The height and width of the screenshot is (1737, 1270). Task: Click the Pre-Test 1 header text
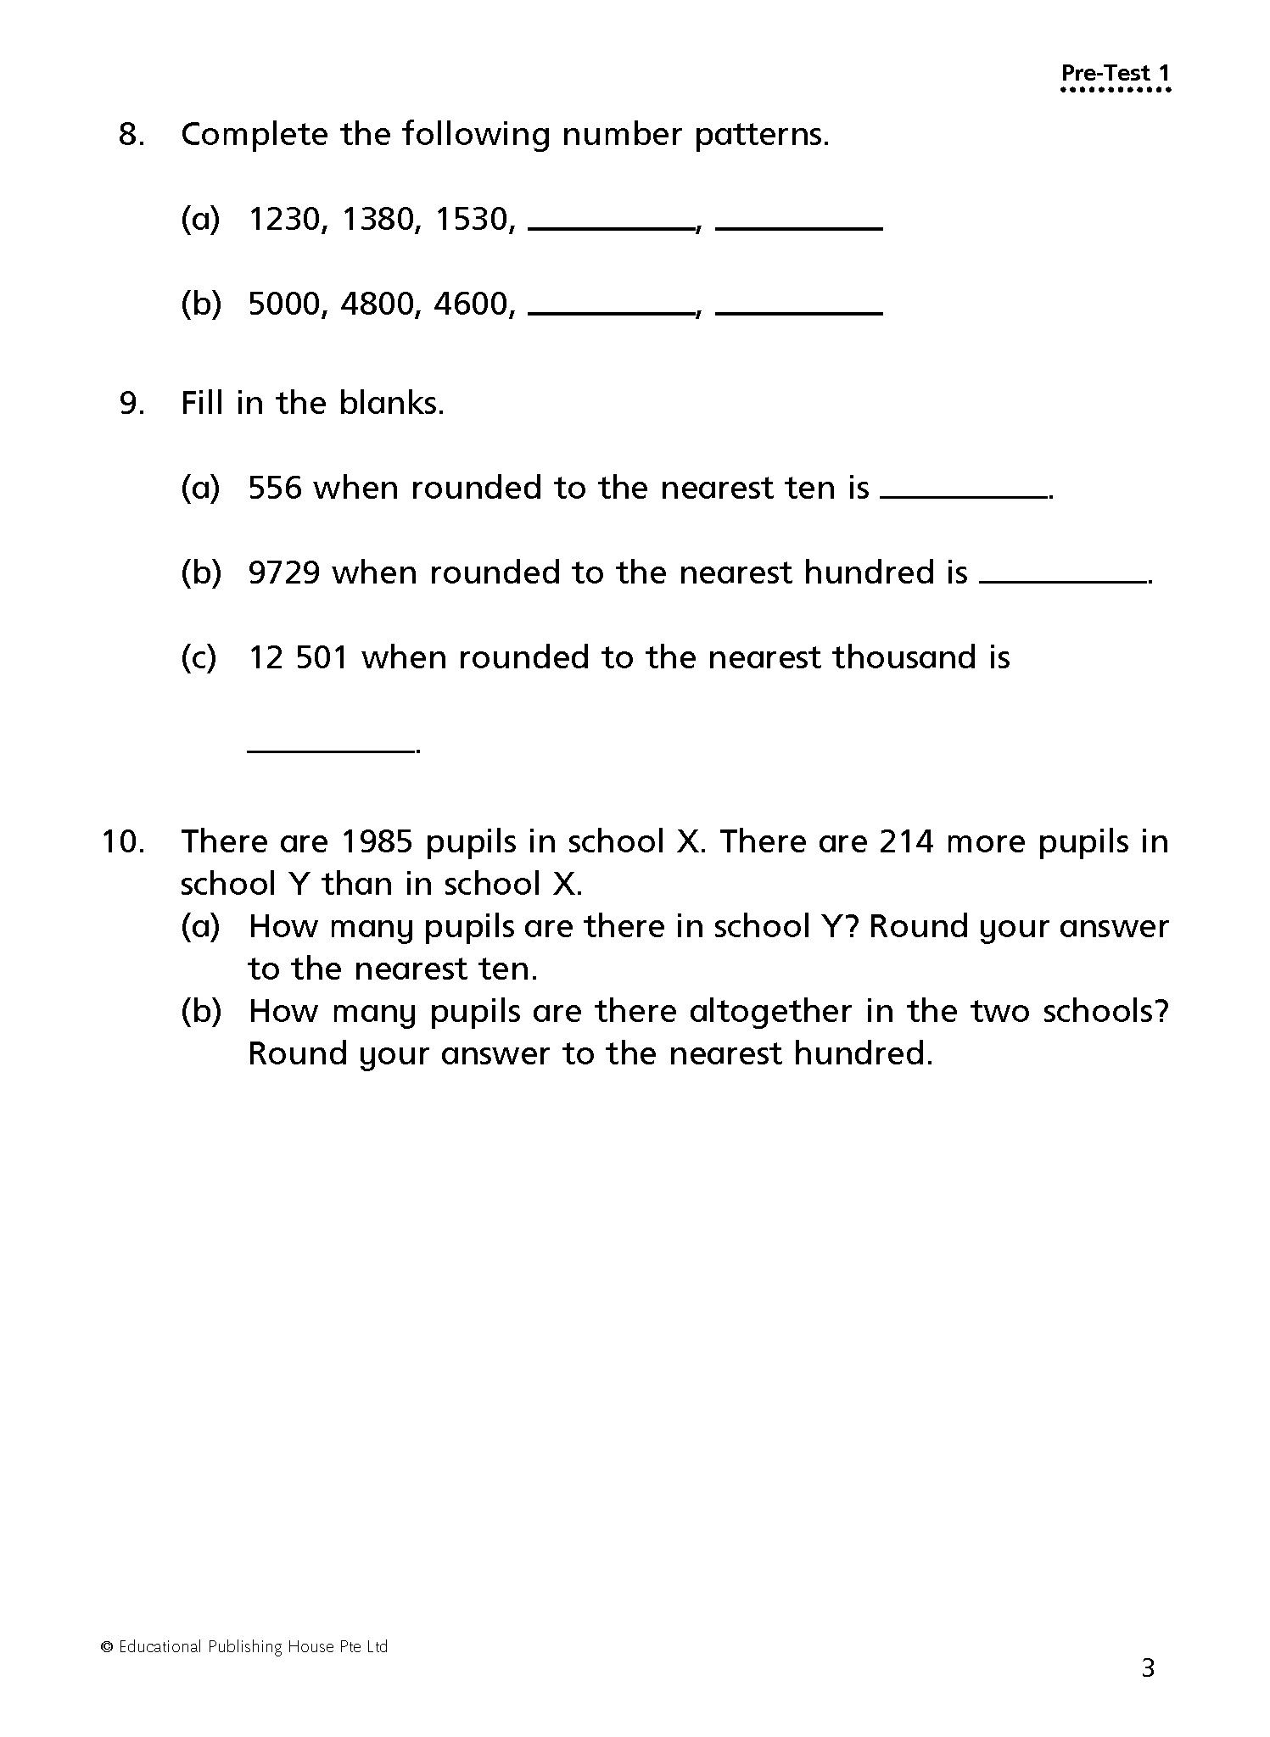1115,74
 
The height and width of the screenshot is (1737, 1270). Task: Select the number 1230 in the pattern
283,220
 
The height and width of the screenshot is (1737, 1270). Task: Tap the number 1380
377,220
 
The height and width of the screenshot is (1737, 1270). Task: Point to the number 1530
471,220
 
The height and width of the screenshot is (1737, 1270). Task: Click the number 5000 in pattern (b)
283,304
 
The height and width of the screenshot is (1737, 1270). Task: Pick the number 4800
377,304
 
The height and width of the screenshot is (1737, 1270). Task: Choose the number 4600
471,304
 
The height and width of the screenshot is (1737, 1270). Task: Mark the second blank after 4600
798,310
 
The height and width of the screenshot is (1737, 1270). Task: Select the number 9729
283,572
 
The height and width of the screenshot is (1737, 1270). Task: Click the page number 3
1148,1668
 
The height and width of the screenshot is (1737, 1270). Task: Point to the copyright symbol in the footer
107,1647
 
